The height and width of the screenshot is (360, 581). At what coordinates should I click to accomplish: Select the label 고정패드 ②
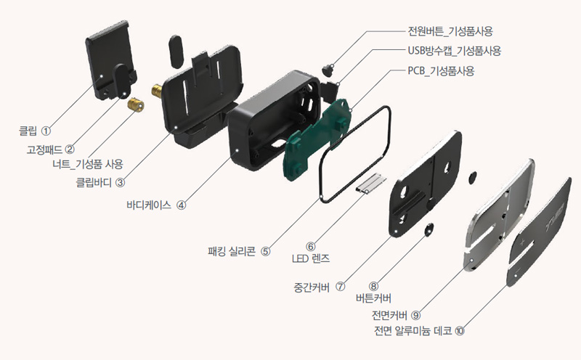pos(50,149)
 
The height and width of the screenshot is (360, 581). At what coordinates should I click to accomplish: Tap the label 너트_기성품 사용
pos(85,164)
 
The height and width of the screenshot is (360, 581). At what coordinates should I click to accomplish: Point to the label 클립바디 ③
pos(101,183)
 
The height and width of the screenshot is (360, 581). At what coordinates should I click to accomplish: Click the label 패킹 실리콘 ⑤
pos(239,251)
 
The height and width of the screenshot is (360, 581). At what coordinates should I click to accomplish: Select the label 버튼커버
pos(373,297)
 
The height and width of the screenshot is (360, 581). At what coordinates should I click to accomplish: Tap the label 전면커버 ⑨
pos(396,315)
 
